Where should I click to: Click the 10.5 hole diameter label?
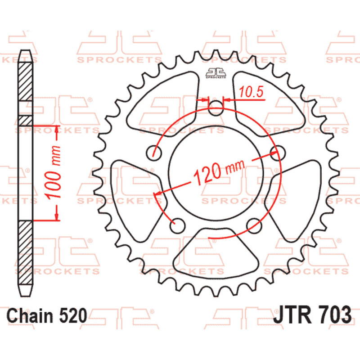point(251,92)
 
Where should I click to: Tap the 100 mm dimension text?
point(53,172)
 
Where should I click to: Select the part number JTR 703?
point(312,315)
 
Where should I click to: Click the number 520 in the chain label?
point(73,315)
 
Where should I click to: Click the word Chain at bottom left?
point(30,315)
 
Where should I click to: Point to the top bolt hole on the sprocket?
point(216,108)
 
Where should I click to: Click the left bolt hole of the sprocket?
point(154,153)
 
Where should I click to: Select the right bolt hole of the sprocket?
point(278,153)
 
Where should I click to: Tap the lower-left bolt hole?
point(177,225)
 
